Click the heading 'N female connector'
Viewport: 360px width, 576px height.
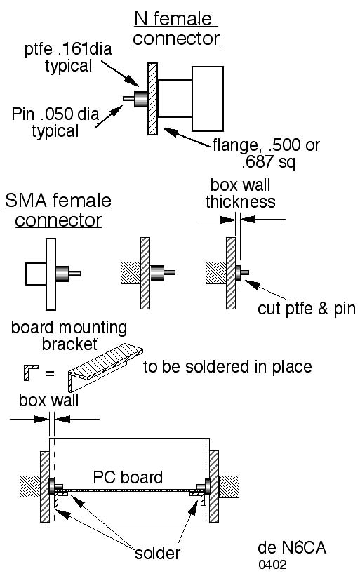(x=176, y=29)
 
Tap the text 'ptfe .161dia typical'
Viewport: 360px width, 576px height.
(x=68, y=58)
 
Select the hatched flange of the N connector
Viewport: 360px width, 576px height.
(x=152, y=99)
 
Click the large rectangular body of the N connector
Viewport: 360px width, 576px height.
(x=208, y=99)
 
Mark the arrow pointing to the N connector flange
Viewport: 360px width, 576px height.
(x=187, y=137)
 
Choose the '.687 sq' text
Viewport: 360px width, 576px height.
(x=269, y=161)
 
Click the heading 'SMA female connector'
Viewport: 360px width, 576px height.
(x=58, y=210)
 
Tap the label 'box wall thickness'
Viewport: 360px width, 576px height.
(x=240, y=193)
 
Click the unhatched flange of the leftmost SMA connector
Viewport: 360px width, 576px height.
(x=51, y=274)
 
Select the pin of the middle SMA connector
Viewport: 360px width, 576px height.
(x=170, y=273)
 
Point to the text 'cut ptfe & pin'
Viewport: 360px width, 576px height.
(x=307, y=309)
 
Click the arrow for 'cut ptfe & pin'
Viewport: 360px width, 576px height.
(x=267, y=290)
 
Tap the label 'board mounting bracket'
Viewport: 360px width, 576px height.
(x=69, y=336)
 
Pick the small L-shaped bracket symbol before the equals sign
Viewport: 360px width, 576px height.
(x=31, y=373)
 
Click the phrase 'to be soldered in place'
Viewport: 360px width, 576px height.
(x=227, y=367)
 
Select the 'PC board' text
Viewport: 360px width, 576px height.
(x=128, y=477)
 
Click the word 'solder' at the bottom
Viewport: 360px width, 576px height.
(x=157, y=554)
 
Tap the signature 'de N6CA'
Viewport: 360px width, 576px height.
(x=292, y=547)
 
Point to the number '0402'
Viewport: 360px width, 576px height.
(x=272, y=565)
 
